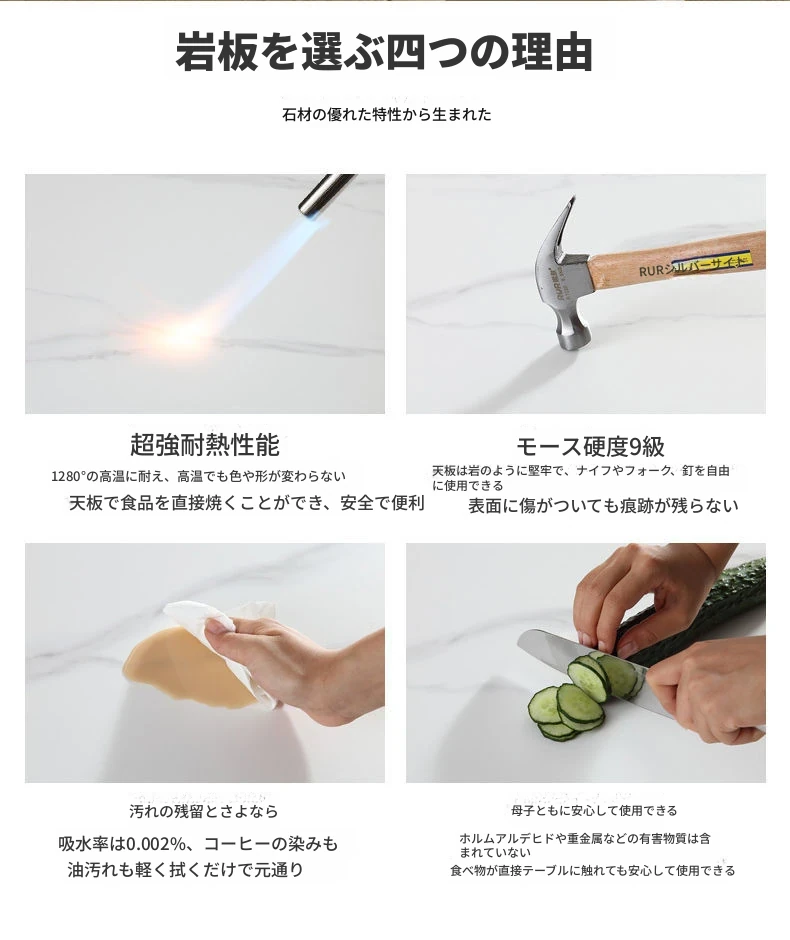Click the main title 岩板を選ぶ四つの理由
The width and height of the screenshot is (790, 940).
coord(384,52)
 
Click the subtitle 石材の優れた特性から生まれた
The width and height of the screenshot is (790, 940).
coord(387,115)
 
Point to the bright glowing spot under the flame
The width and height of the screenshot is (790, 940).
coord(180,338)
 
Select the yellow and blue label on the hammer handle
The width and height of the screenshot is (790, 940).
coord(709,264)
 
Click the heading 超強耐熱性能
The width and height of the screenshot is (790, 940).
coord(205,445)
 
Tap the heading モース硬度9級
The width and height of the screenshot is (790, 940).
coord(590,447)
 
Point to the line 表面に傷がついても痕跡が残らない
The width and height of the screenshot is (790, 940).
coord(603,506)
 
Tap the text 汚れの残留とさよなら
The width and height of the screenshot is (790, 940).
coord(204,812)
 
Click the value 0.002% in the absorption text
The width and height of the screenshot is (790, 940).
coord(155,844)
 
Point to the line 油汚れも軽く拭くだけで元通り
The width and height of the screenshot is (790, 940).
coord(186,869)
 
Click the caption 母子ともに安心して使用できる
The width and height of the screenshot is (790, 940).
coord(594,811)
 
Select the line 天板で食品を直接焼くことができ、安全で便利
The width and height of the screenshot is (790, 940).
coord(247,503)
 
